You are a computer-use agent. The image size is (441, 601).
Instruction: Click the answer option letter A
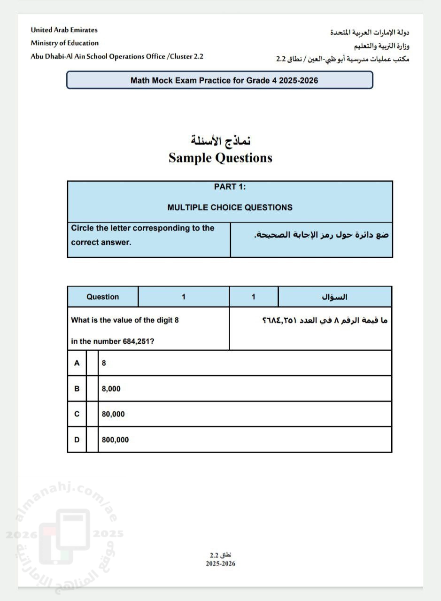pos(77,363)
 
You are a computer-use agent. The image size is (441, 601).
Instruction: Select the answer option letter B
pos(77,389)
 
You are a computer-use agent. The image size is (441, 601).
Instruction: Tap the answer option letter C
pos(77,414)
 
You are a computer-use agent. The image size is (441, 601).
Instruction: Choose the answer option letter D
pos(77,440)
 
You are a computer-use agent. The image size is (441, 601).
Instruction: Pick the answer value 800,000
pos(115,440)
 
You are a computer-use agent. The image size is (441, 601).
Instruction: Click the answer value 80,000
pos(113,414)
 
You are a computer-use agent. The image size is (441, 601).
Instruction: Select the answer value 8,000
pos(111,389)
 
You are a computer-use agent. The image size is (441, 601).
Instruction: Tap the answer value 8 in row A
pos(104,363)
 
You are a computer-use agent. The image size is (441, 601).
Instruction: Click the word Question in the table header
pos(103,297)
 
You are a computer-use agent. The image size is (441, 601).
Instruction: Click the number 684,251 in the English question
pos(139,341)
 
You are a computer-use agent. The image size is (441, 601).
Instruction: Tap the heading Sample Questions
pos(220,158)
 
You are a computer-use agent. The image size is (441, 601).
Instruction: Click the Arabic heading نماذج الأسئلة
pos(221,140)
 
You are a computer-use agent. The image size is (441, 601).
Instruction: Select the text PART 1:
pos(230,187)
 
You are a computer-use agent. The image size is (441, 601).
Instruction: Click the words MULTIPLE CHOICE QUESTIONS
pos(230,208)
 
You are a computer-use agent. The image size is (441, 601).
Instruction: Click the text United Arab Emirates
pos(64,30)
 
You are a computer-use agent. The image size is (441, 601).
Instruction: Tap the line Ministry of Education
pos(65,43)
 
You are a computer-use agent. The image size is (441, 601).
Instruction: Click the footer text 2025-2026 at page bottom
pos(220,563)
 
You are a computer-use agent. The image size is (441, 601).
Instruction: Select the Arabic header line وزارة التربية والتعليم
pos(381,46)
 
